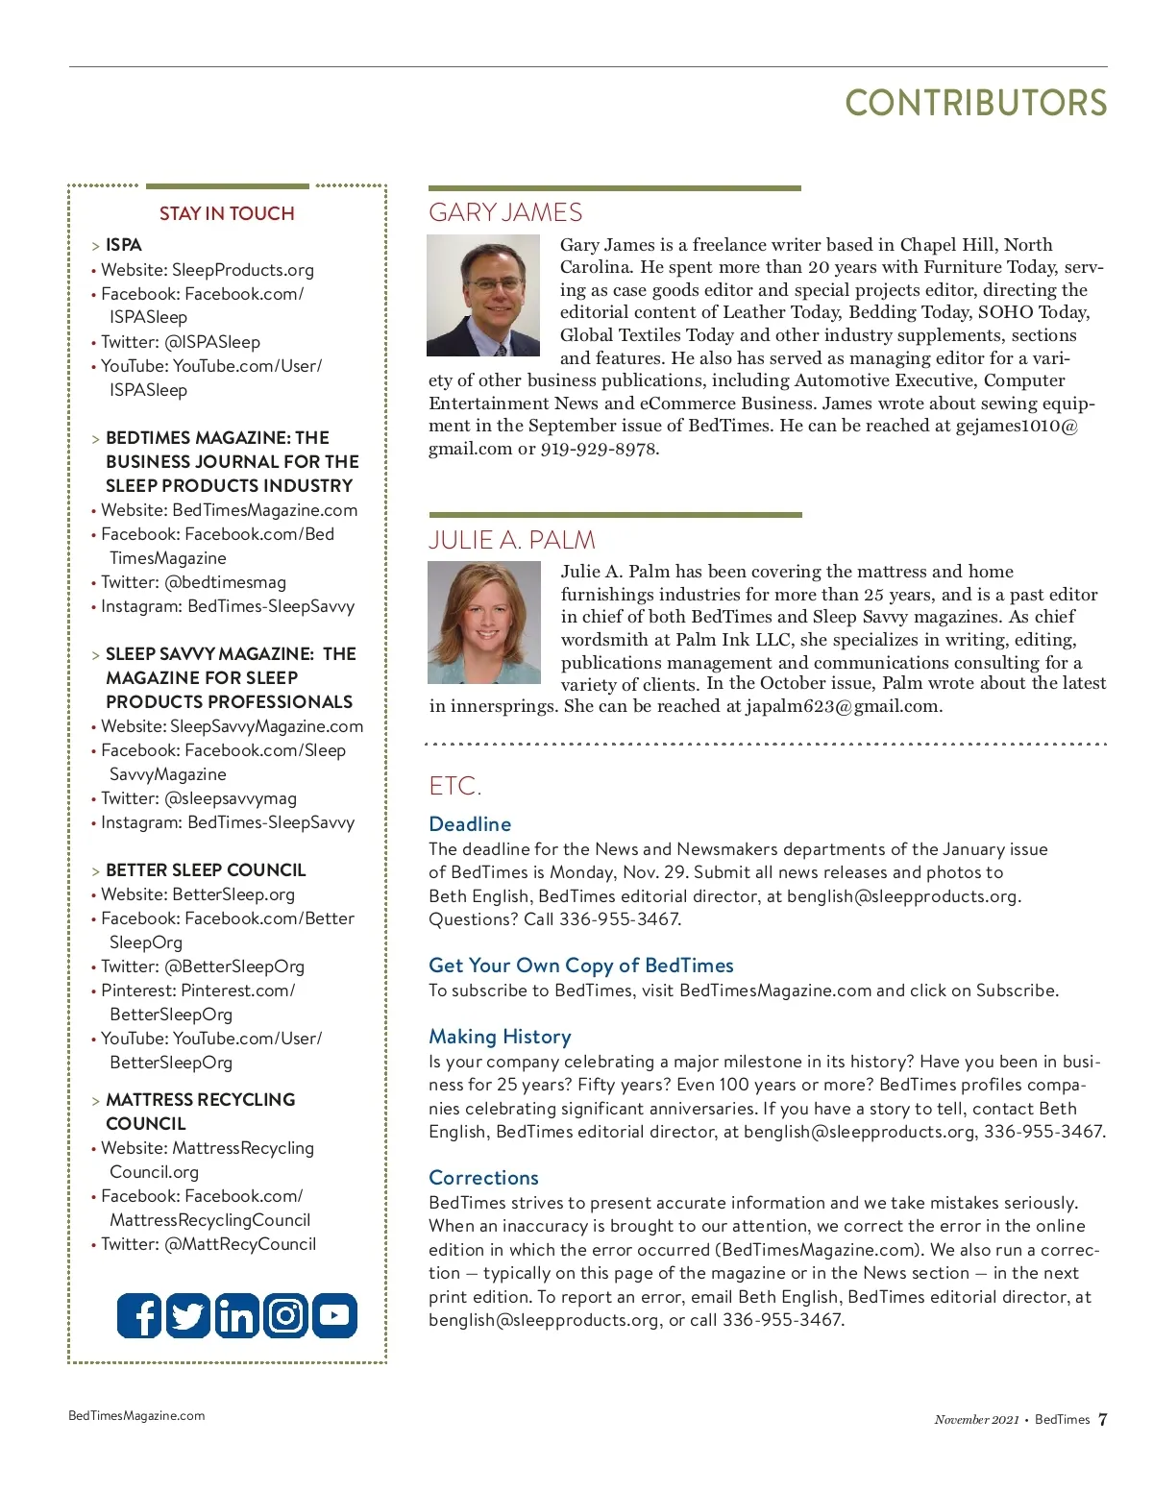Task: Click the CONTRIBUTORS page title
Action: (975, 104)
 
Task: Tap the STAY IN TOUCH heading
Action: (227, 213)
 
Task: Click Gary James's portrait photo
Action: (484, 296)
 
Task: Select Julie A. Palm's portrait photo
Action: (484, 623)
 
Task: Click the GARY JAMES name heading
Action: (505, 212)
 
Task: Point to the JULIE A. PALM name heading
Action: (511, 540)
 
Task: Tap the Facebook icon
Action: (139, 1315)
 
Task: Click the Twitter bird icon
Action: (188, 1315)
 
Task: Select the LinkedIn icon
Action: (236, 1315)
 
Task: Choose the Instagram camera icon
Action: (285, 1315)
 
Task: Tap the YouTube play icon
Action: (334, 1315)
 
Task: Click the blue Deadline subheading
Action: (470, 824)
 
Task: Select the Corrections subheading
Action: (483, 1178)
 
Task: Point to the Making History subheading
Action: (500, 1037)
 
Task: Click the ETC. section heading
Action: (454, 787)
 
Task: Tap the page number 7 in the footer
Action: (1102, 1419)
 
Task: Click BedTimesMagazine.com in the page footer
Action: (136, 1415)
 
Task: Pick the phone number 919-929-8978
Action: (599, 449)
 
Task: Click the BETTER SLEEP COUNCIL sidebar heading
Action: (206, 870)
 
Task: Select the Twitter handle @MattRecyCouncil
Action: (240, 1244)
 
